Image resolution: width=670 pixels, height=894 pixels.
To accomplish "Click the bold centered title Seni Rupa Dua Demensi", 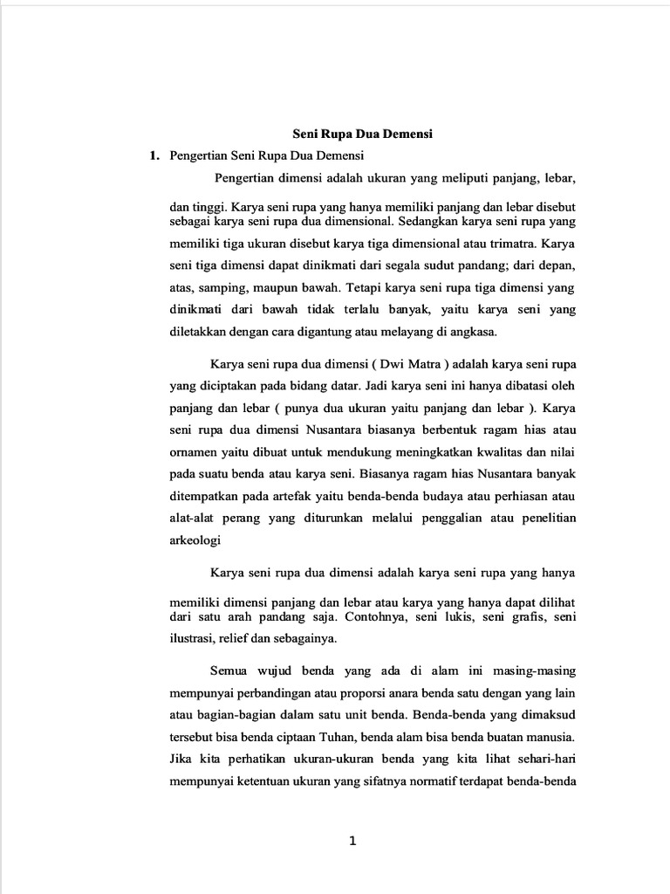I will coord(362,134).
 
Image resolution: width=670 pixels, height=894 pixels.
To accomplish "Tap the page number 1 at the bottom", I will coord(352,842).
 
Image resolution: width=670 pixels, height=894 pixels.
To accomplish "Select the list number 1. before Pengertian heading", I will coord(154,155).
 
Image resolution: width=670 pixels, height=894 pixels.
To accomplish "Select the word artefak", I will coord(298,497).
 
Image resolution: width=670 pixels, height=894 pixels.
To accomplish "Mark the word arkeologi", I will coord(195,541).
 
